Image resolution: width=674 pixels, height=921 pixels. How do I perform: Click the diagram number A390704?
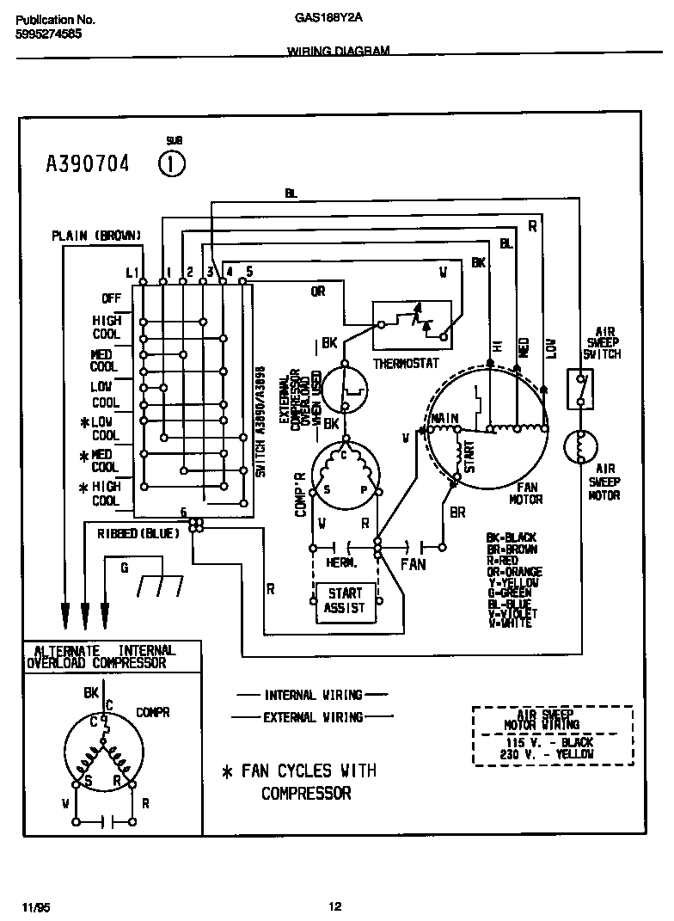[x=87, y=163]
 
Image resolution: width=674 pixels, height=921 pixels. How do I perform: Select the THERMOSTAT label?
[x=406, y=364]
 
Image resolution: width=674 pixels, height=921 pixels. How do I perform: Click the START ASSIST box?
[x=345, y=600]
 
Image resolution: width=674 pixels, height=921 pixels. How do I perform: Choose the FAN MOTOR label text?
[x=525, y=493]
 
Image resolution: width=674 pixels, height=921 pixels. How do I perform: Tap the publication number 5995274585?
[x=50, y=34]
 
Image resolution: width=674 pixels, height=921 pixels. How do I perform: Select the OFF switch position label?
[x=112, y=298]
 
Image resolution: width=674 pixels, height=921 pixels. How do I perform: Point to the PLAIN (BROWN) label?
[x=96, y=235]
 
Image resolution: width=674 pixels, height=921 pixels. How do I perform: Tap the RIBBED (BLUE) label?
[x=138, y=533]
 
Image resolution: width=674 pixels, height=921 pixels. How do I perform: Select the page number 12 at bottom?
[x=335, y=906]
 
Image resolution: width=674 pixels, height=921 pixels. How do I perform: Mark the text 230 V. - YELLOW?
[x=551, y=753]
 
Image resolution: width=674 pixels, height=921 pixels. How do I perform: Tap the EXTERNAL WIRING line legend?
[x=312, y=716]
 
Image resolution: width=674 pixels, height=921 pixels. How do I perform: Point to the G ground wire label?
[x=124, y=568]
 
